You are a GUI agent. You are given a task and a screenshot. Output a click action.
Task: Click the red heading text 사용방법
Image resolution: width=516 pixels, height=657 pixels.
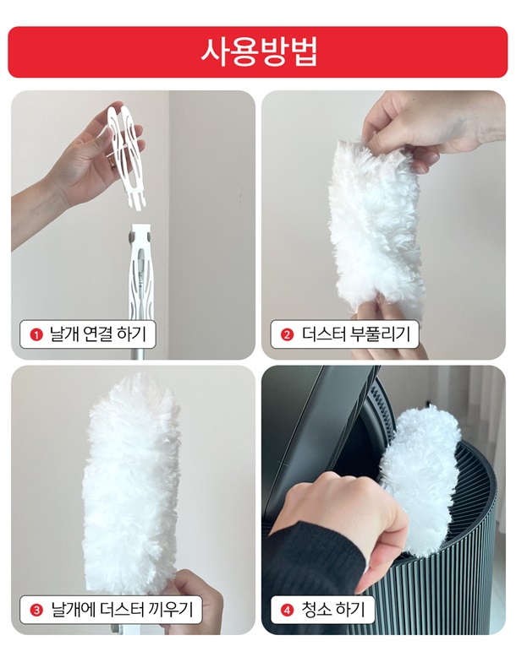point(258,52)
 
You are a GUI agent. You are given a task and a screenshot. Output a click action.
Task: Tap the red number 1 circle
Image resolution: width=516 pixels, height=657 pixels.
point(36,334)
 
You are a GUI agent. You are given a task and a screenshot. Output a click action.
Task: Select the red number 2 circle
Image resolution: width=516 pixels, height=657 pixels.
point(287,334)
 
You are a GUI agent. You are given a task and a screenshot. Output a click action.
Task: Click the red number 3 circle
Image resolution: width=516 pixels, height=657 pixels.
point(36,610)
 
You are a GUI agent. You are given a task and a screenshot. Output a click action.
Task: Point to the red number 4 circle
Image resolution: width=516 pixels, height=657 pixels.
point(287,610)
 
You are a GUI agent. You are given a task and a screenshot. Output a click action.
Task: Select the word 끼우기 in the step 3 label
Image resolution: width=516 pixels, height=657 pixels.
point(171,609)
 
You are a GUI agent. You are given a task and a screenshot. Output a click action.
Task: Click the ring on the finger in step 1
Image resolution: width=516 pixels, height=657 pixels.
point(112,163)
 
